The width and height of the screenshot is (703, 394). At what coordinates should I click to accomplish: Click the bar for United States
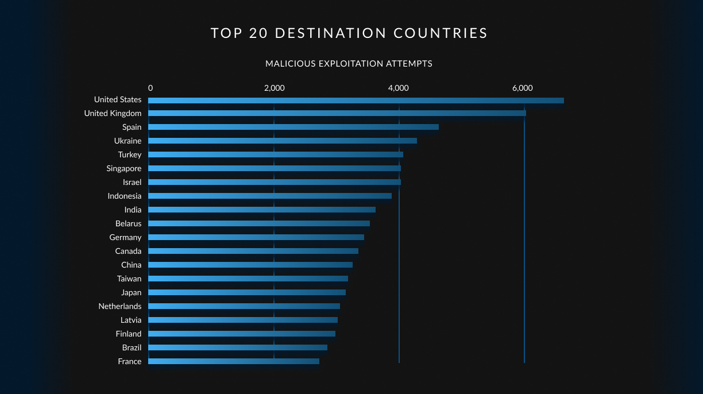[356, 101]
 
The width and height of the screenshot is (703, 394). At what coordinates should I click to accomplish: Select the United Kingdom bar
[337, 113]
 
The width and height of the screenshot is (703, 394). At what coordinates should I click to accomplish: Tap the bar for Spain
[293, 127]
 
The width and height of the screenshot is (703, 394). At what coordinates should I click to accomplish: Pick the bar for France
[234, 361]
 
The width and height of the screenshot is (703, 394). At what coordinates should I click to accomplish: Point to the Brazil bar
[238, 347]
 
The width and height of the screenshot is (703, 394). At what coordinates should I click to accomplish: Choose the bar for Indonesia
[270, 196]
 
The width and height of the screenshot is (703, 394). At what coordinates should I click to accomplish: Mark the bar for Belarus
[259, 223]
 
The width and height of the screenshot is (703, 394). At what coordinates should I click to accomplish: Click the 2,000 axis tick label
[274, 88]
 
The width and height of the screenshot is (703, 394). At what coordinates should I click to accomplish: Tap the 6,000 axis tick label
[522, 88]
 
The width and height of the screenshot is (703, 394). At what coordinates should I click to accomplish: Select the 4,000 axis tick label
[398, 88]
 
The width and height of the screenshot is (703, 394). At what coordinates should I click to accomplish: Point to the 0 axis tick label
[150, 88]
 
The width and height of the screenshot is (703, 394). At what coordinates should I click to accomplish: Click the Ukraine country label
[128, 141]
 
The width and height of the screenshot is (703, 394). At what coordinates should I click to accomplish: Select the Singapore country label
[123, 168]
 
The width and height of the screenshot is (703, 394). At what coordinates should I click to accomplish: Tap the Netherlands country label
[119, 306]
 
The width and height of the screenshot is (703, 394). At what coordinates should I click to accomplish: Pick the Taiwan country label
[129, 279]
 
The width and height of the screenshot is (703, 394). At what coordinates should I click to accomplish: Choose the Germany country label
[125, 237]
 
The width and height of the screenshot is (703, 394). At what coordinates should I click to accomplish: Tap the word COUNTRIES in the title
[441, 33]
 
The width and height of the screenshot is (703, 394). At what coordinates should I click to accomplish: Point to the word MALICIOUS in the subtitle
[291, 64]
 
